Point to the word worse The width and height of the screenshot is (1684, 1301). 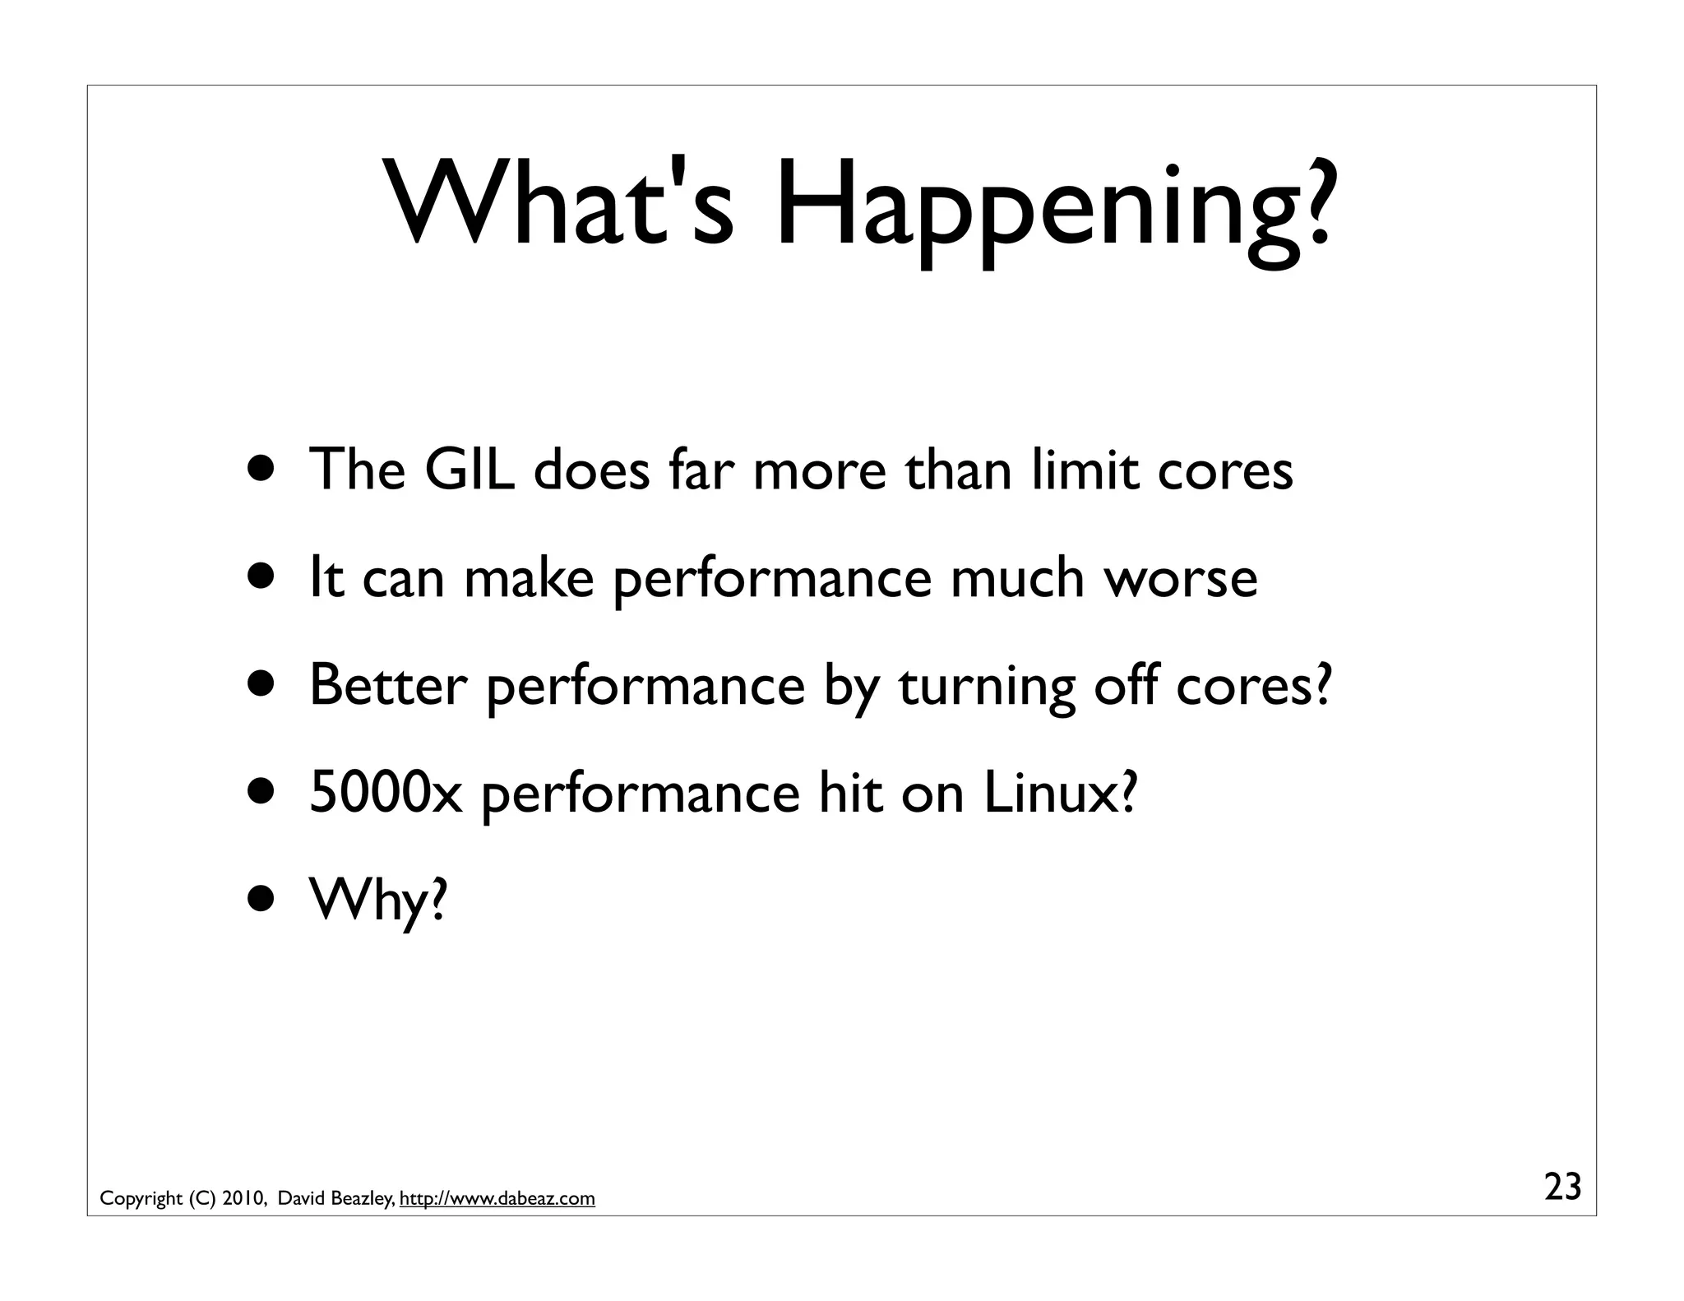[x=1180, y=577]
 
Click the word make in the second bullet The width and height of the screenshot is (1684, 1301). [x=529, y=577]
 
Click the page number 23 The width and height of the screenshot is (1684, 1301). [x=1562, y=1188]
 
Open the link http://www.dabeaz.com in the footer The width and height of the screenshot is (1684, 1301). [x=497, y=1199]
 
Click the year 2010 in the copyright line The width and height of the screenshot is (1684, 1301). [x=243, y=1199]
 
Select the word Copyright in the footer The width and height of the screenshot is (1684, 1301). [x=141, y=1199]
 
